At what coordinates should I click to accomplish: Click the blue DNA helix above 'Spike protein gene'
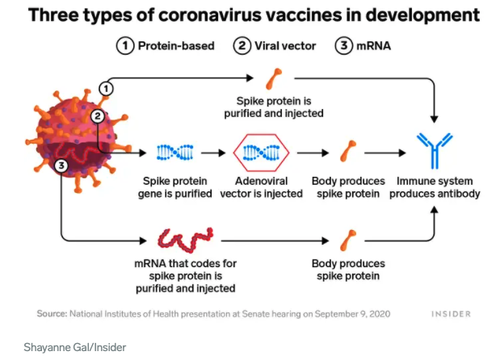[x=174, y=151]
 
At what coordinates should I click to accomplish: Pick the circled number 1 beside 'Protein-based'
[x=124, y=45]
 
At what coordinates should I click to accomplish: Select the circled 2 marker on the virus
[x=98, y=115]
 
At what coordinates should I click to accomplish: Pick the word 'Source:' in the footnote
[x=52, y=313]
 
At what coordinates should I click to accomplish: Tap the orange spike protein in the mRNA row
[x=349, y=240]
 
